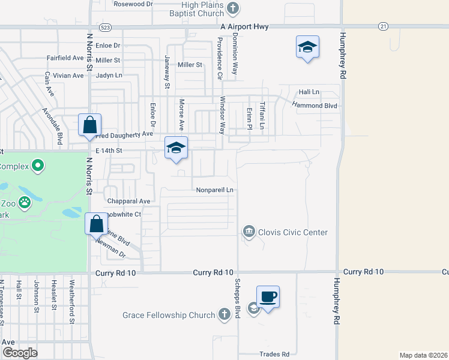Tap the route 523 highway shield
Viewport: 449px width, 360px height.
pyautogui.click(x=106, y=27)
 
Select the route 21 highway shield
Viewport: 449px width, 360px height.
pyautogui.click(x=383, y=26)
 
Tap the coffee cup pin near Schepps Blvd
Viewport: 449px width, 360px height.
pyautogui.click(x=268, y=296)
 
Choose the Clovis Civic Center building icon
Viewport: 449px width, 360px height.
pyautogui.click(x=248, y=232)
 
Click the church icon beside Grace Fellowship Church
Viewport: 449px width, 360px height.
pyautogui.click(x=224, y=314)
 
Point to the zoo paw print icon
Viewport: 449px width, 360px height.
pyautogui.click(x=25, y=202)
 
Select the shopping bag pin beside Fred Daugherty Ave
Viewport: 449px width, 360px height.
pyautogui.click(x=89, y=125)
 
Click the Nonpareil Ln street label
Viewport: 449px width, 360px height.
pyautogui.click(x=214, y=190)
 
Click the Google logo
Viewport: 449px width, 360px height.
pyautogui.click(x=19, y=353)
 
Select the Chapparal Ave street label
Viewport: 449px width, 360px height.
pyautogui.click(x=128, y=201)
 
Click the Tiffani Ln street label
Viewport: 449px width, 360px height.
pyautogui.click(x=262, y=115)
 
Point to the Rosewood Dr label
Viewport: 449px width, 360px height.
pyautogui.click(x=133, y=4)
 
